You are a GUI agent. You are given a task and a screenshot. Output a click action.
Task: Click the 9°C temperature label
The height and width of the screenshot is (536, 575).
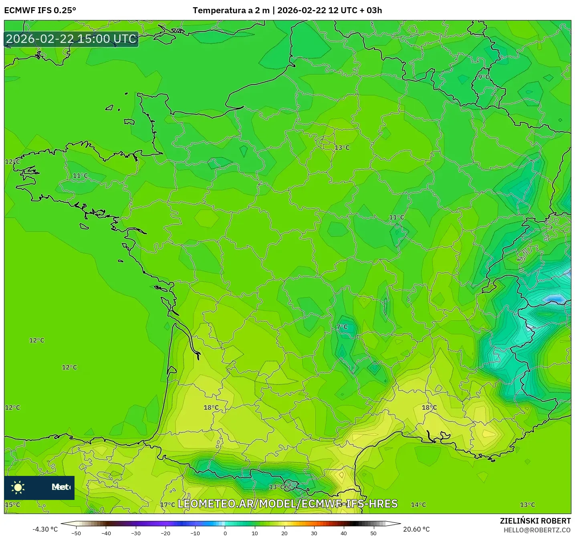(484, 77)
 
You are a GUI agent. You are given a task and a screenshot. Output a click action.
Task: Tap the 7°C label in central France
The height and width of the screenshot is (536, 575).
(342, 327)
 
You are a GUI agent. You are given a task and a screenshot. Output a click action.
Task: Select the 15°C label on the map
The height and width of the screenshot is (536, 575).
(12, 504)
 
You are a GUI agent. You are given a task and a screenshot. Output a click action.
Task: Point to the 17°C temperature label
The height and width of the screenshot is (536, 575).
(167, 505)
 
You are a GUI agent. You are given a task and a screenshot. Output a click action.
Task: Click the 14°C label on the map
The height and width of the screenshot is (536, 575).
(418, 505)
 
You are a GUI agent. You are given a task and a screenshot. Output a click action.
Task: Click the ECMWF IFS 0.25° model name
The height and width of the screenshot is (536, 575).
(40, 10)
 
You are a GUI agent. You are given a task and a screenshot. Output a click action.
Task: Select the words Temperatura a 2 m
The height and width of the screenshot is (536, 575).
(231, 10)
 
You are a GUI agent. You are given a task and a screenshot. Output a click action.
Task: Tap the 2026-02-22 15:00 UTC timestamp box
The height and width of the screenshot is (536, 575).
(71, 39)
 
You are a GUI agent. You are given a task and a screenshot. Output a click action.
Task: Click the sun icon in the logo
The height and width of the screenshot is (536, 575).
(18, 487)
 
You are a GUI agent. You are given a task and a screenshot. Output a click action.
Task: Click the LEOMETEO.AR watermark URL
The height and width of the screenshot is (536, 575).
(287, 504)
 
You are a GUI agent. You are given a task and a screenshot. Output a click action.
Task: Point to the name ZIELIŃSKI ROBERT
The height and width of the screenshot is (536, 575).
(535, 521)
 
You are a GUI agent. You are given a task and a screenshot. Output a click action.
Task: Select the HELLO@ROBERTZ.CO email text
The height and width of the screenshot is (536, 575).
(537, 530)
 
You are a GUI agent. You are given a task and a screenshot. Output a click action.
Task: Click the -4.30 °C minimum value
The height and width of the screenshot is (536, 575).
(45, 529)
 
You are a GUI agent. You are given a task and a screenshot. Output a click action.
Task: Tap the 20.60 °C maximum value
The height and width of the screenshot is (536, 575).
(416, 529)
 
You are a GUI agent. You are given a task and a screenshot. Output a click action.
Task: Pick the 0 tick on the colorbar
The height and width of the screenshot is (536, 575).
(225, 533)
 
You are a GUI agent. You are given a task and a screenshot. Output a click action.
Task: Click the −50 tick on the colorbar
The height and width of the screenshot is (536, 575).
(76, 533)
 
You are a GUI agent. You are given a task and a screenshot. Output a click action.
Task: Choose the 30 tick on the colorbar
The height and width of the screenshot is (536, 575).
(314, 533)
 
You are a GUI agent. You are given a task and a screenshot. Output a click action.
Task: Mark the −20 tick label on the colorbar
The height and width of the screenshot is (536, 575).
(165, 533)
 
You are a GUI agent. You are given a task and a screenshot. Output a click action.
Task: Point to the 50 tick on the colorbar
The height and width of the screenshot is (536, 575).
(373, 533)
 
